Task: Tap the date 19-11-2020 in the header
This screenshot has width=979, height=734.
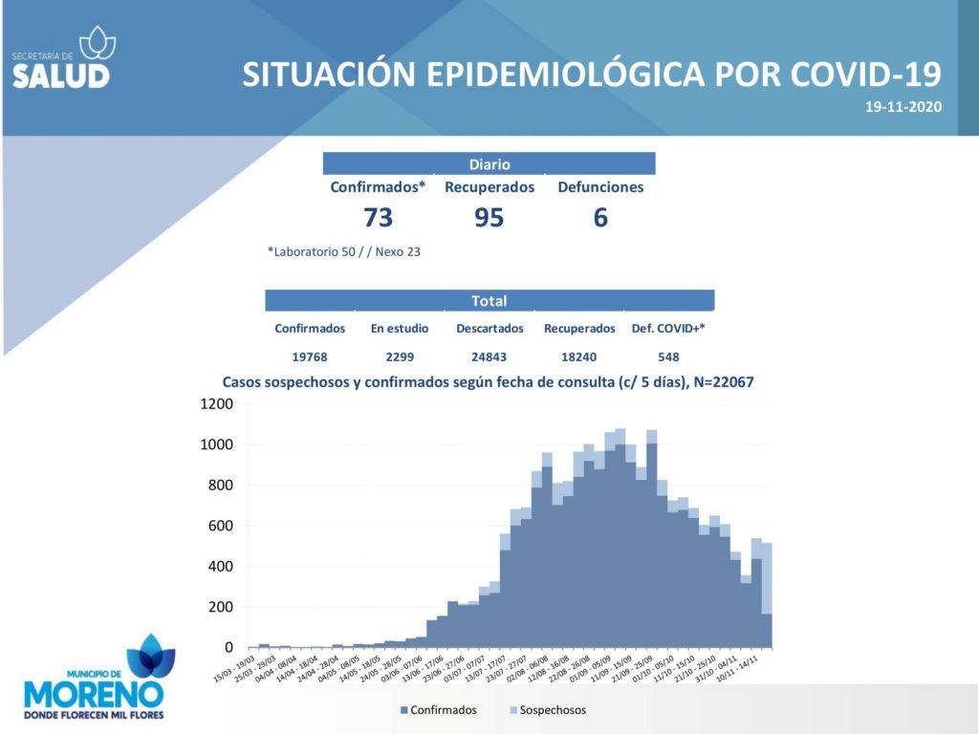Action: [x=903, y=107]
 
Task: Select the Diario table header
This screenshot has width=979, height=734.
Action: [x=489, y=164]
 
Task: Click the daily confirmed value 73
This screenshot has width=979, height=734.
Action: [x=378, y=218]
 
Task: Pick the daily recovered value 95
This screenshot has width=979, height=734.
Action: [x=489, y=218]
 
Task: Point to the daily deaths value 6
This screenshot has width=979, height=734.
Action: [x=600, y=218]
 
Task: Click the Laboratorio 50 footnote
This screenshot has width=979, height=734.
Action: [x=344, y=252]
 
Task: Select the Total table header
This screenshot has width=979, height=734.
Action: [x=489, y=301]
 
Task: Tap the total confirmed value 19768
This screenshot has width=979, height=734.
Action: [x=310, y=356]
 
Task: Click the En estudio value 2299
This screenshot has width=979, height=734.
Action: [x=400, y=356]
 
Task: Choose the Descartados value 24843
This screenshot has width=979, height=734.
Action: [x=489, y=356]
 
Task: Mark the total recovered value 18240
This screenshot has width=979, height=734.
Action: [x=579, y=356]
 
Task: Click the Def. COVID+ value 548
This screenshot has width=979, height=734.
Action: [x=668, y=356]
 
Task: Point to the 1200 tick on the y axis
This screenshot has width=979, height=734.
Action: [x=217, y=404]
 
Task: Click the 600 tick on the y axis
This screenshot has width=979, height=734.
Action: [x=221, y=526]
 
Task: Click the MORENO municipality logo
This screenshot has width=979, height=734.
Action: [x=95, y=680]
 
